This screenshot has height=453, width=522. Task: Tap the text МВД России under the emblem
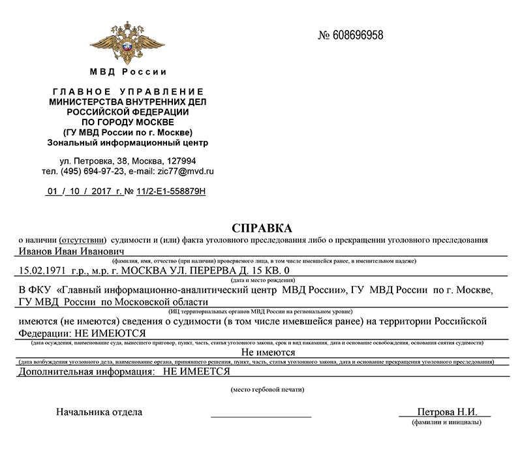[128, 72]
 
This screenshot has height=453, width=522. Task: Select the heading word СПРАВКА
[262, 228]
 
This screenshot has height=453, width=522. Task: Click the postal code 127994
[181, 161]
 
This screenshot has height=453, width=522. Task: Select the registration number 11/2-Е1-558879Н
[170, 192]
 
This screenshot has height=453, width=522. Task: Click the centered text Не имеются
[259, 352]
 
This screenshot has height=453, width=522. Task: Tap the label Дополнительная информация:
[83, 371]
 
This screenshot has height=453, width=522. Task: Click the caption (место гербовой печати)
[266, 390]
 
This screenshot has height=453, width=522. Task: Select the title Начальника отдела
[99, 413]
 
